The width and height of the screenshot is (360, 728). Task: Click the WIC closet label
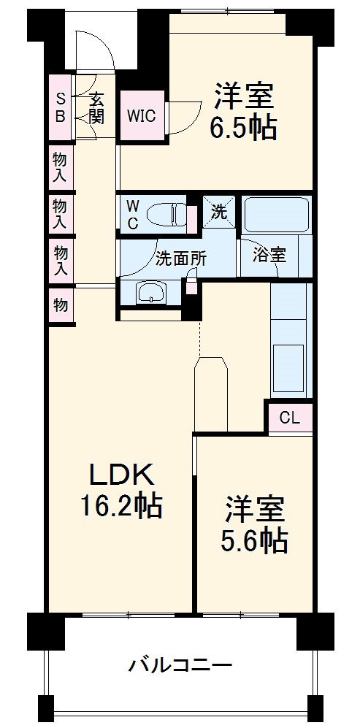pyautogui.click(x=141, y=115)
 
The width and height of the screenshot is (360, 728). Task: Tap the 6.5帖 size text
pyautogui.click(x=243, y=129)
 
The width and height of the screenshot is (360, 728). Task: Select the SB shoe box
pyautogui.click(x=61, y=107)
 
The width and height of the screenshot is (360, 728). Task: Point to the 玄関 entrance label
pyautogui.click(x=96, y=107)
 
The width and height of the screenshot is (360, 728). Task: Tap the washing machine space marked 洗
pyautogui.click(x=218, y=212)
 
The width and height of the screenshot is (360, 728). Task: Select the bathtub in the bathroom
pyautogui.click(x=276, y=215)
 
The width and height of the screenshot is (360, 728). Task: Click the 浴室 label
pyautogui.click(x=269, y=255)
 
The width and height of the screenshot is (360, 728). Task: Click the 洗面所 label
pyautogui.click(x=181, y=258)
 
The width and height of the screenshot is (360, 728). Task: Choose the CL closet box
pyautogui.click(x=289, y=418)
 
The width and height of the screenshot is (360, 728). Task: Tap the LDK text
pyautogui.click(x=121, y=476)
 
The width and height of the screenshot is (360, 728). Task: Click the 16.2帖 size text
pyautogui.click(x=121, y=505)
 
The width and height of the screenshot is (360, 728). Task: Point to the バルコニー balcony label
pyautogui.click(x=180, y=665)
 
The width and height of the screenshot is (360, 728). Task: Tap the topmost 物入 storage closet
pyautogui.click(x=60, y=167)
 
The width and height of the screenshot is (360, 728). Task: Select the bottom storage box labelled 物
pyautogui.click(x=60, y=304)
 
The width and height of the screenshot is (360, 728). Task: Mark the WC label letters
pyautogui.click(x=133, y=215)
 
